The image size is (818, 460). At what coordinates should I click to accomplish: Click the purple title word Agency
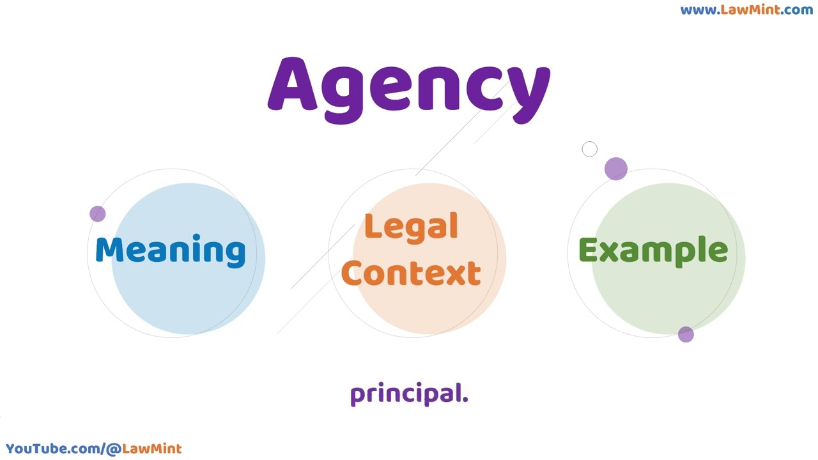[x=409, y=90]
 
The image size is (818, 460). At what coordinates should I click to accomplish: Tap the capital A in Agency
[x=293, y=84]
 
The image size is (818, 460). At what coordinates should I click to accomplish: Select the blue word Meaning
[x=171, y=251]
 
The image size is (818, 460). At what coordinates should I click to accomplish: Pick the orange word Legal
[x=411, y=227]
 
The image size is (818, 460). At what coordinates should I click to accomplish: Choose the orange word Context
[x=411, y=273]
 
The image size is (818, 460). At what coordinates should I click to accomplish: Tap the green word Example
[x=653, y=251]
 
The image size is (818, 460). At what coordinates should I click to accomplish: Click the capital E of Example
[x=588, y=249]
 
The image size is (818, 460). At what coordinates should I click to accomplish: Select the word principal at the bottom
[x=409, y=394]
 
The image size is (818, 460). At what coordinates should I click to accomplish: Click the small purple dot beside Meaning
[x=98, y=213]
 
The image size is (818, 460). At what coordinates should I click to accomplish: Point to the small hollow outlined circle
[x=589, y=149]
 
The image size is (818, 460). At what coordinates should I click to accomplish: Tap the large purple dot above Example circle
[x=615, y=169]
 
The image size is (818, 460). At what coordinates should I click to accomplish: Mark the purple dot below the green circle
[x=686, y=334]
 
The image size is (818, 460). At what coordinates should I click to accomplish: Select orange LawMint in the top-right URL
[x=750, y=10]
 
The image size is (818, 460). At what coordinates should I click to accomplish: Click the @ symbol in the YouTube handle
[x=114, y=449]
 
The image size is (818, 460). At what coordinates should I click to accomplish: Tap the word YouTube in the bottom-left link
[x=37, y=448]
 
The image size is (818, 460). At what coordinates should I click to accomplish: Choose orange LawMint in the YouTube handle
[x=151, y=448]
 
